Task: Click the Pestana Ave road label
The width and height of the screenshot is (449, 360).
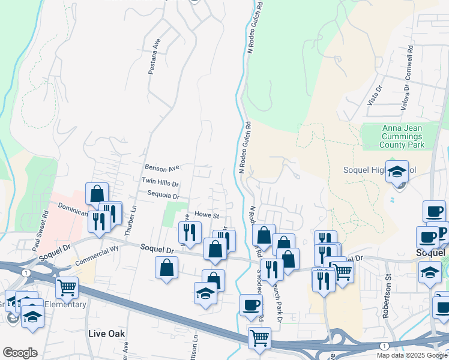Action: [154, 57]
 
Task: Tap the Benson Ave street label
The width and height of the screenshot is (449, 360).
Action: [162, 168]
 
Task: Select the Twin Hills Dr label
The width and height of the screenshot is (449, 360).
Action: [161, 181]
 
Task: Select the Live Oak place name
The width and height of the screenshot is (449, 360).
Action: [105, 333]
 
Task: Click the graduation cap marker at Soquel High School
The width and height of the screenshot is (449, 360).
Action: [397, 172]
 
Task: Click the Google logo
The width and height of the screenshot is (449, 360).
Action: [20, 353]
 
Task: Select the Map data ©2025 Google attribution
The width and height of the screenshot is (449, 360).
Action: [412, 355]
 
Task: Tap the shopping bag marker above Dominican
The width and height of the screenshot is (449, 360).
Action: [97, 194]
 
